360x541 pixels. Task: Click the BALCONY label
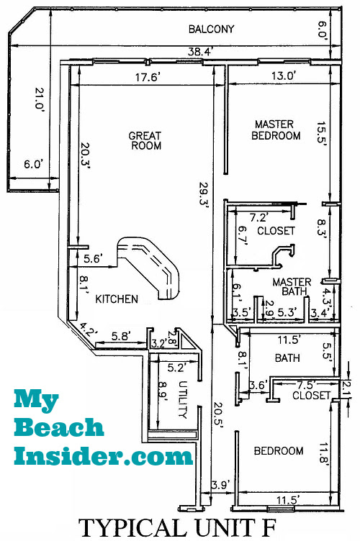click(x=211, y=29)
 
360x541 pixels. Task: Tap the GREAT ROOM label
click(x=145, y=140)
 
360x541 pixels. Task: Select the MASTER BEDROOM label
click(x=276, y=129)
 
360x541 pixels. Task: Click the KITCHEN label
click(x=117, y=299)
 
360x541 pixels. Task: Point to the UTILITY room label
click(x=183, y=399)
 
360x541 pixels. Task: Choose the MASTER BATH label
click(x=292, y=287)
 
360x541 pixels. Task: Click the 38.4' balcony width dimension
click(x=200, y=52)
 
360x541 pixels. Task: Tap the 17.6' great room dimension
click(x=147, y=77)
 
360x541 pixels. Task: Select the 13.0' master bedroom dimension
click(x=283, y=76)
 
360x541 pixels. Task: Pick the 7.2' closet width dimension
click(x=259, y=218)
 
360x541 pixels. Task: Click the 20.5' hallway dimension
click(x=218, y=415)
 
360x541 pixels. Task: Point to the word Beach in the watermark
click(x=59, y=427)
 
